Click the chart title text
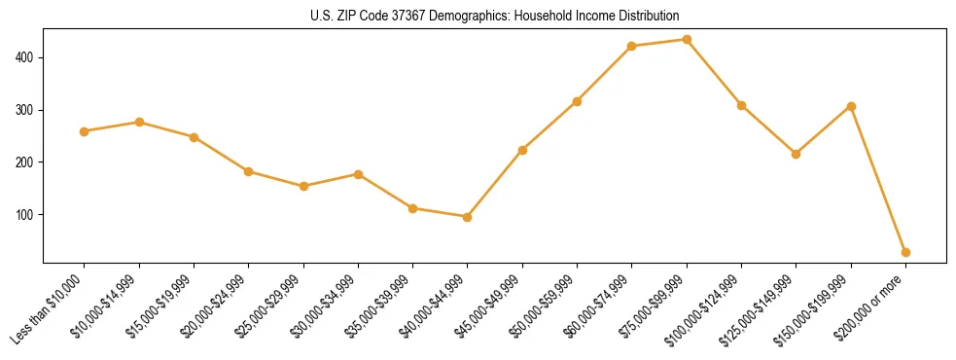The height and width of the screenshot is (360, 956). (x=494, y=16)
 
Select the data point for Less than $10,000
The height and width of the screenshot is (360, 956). (x=85, y=131)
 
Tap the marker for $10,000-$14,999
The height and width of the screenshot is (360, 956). (x=139, y=122)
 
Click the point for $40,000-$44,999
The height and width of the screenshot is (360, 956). (x=468, y=217)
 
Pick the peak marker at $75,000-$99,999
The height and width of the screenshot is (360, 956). (x=687, y=40)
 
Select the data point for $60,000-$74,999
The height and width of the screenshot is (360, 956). (x=632, y=46)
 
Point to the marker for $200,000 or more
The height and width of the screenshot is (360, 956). (x=905, y=252)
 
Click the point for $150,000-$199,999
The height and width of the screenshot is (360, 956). (x=851, y=106)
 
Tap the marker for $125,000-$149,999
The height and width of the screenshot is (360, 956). (x=797, y=154)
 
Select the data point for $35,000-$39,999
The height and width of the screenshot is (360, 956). (x=413, y=208)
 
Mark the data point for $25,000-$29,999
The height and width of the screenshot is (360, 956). (x=303, y=186)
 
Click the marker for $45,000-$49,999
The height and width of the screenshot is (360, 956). (x=522, y=150)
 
